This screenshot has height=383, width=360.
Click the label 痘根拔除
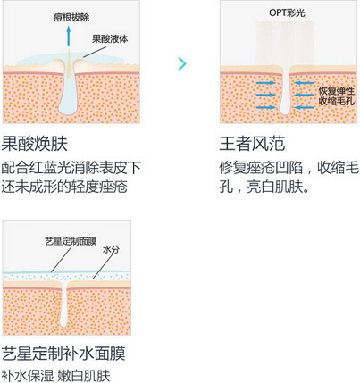click(x=71, y=18)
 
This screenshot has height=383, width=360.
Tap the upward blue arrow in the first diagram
click(x=69, y=36)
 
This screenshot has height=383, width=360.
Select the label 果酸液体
click(x=110, y=39)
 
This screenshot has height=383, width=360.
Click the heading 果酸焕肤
click(x=35, y=144)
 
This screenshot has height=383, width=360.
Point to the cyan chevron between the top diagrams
click(x=182, y=63)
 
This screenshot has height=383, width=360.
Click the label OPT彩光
click(x=287, y=12)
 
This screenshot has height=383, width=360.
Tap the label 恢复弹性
click(x=337, y=91)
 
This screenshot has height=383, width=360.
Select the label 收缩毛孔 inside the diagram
click(x=337, y=101)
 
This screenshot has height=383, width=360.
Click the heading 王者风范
click(x=252, y=144)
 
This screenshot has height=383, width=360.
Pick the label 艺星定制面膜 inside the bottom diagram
click(x=71, y=241)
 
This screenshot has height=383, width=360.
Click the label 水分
click(x=111, y=250)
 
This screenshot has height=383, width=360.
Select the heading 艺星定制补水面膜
click(x=63, y=354)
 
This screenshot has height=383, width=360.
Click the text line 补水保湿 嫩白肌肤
click(x=56, y=376)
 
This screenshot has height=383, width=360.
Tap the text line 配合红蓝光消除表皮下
click(x=71, y=168)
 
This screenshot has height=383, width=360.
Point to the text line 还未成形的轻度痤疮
click(x=64, y=187)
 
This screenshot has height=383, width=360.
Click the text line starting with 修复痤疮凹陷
click(x=289, y=168)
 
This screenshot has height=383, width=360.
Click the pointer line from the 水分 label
click(x=104, y=267)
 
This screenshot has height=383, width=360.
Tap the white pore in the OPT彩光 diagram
click(x=285, y=91)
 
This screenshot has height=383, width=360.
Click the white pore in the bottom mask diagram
click(x=64, y=304)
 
